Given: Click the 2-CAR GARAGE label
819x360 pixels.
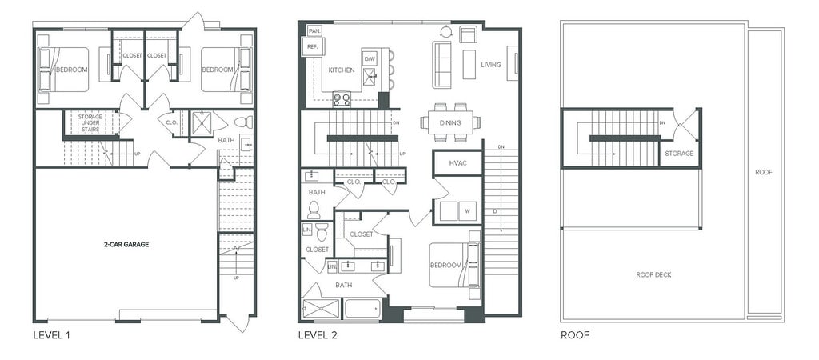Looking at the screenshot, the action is tap(126, 244).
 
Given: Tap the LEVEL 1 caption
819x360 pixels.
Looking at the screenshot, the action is tap(51, 335).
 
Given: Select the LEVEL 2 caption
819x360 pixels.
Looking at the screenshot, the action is tap(317, 335).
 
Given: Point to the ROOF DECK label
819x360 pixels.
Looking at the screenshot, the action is tap(653, 275).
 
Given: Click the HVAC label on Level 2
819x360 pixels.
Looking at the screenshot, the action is tap(457, 163).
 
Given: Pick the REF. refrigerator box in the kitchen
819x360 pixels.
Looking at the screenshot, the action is tap(313, 46).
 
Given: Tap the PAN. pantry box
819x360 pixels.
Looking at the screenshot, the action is tap(314, 31).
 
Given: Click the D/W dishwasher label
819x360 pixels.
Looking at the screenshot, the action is tap(370, 58).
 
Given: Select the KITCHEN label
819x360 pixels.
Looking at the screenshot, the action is tap(342, 70).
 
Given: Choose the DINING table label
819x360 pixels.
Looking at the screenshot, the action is tap(450, 123).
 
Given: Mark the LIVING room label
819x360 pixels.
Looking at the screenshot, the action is tap(491, 65).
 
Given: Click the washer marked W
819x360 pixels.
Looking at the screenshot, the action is tap(467, 211).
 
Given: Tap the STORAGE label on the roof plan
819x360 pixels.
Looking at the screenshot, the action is tap(679, 154).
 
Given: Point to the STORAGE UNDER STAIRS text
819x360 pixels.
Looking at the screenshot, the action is tap(90, 122).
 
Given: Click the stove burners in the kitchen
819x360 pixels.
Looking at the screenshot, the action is tap(342, 98).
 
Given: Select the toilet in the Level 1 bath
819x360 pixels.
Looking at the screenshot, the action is tap(243, 122).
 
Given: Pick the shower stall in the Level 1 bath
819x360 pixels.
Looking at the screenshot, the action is tap(201, 124).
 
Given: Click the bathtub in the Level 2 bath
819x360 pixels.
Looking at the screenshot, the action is tap(362, 308).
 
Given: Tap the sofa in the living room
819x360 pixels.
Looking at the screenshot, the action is tap(441, 65).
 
